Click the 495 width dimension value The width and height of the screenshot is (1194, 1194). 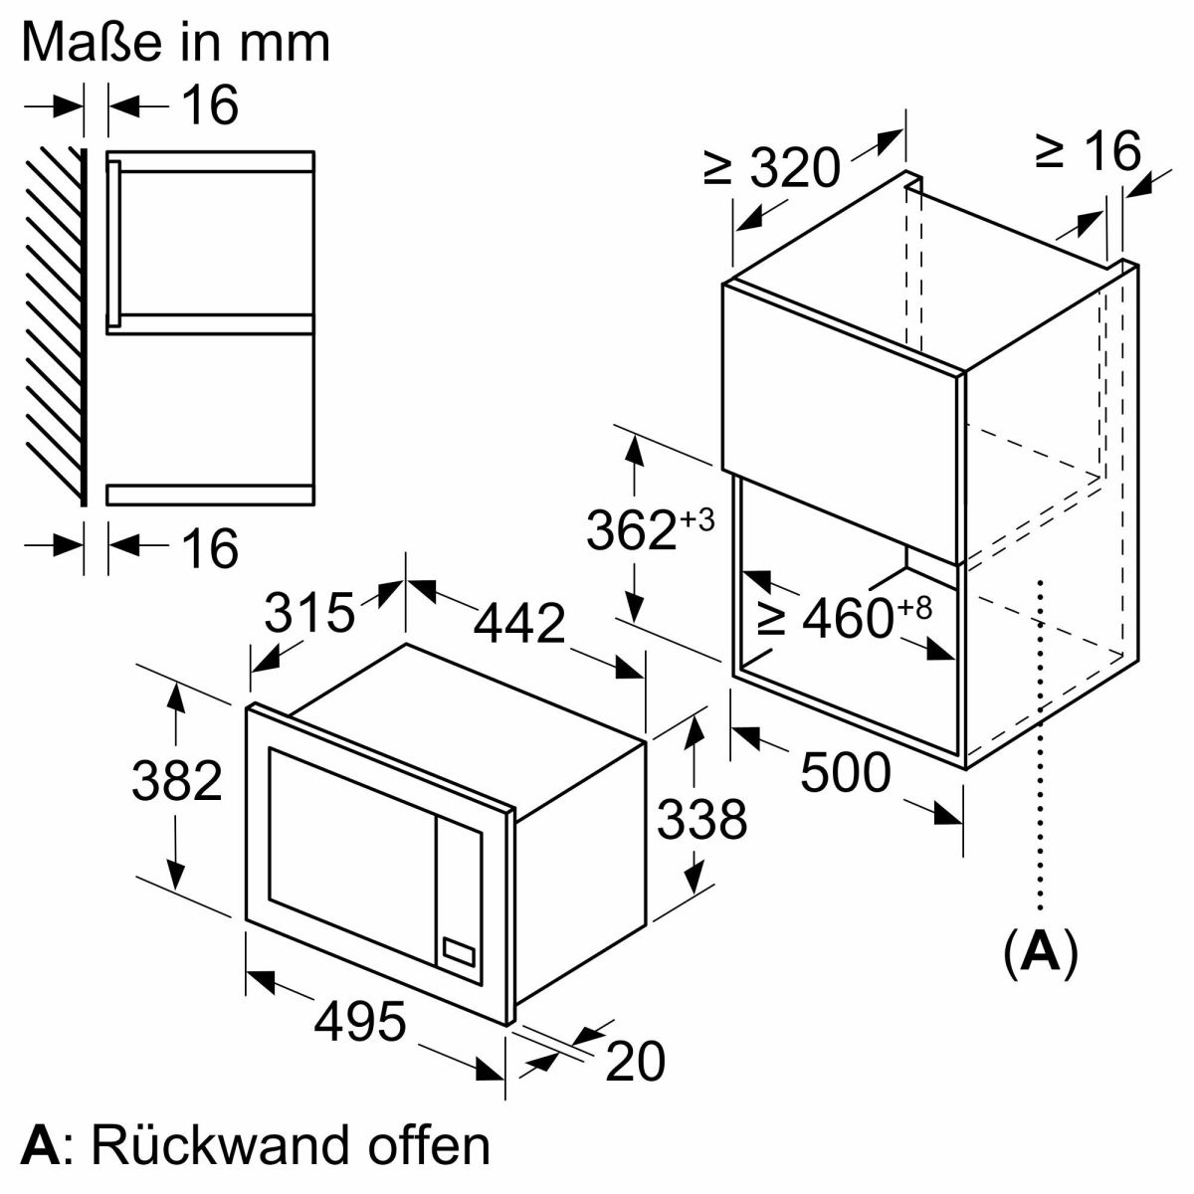tap(361, 1021)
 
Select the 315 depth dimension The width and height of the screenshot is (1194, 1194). tap(309, 613)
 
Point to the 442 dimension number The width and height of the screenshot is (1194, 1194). tap(518, 624)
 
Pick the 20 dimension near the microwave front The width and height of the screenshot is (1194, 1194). tap(635, 1062)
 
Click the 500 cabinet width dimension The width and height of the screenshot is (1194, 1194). tap(845, 772)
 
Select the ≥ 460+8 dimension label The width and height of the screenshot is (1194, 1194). tap(845, 618)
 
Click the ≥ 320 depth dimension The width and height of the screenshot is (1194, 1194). tap(773, 167)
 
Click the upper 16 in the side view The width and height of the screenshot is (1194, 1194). tap(210, 104)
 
